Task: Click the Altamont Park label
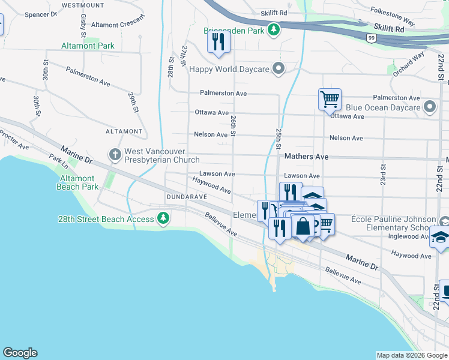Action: click(88, 46)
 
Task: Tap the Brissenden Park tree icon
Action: click(274, 29)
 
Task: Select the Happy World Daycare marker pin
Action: click(278, 68)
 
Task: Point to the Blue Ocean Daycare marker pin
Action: click(430, 107)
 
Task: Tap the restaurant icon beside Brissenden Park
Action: click(218, 41)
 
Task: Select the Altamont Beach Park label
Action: click(77, 183)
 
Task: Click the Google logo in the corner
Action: click(20, 353)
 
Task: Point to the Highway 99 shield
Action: click(372, 37)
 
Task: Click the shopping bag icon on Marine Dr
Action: click(303, 227)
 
